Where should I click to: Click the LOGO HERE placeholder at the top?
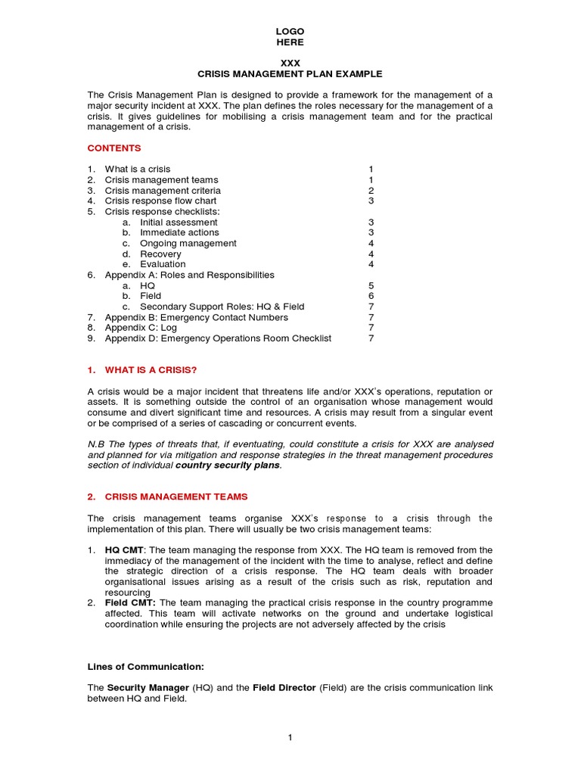pos(290,37)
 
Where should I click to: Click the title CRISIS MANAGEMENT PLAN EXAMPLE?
pos(290,74)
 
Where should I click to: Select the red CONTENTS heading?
pos(114,148)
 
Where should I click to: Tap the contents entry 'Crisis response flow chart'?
pos(160,201)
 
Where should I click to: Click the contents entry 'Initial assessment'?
pos(179,223)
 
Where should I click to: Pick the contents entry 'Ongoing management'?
pos(188,244)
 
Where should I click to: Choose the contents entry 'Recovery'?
pos(160,254)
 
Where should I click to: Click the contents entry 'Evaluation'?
pos(163,265)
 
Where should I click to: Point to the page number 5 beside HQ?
pos(371,286)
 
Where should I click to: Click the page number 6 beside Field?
pos(371,297)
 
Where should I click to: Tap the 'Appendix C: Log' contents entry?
pos(142,328)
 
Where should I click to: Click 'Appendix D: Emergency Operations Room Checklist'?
pos(218,339)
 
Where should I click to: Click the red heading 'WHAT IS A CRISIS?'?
pos(151,370)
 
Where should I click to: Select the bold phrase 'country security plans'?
pos(228,465)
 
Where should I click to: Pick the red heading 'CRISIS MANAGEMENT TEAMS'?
pos(176,496)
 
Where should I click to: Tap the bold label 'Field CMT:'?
pos(130,602)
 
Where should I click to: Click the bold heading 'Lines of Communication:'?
pos(145,667)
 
